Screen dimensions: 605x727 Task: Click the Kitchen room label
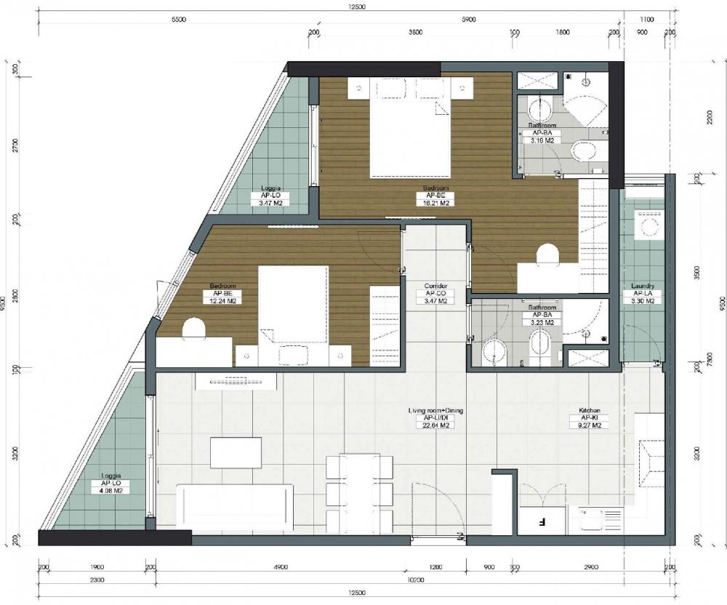588,411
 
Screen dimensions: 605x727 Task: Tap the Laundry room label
643,286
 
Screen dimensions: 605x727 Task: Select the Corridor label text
435,286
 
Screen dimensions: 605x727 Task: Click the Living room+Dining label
435,411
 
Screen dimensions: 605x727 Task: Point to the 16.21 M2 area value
435,204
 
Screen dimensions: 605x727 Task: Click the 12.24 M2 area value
222,300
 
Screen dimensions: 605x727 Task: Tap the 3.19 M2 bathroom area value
545,142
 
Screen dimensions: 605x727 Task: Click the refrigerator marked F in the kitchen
542,521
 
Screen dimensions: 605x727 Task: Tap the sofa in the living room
236,506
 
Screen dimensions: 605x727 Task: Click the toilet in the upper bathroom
584,152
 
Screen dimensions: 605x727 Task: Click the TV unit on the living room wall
236,381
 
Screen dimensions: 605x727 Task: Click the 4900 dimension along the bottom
282,567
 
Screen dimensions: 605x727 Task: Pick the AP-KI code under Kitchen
588,418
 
